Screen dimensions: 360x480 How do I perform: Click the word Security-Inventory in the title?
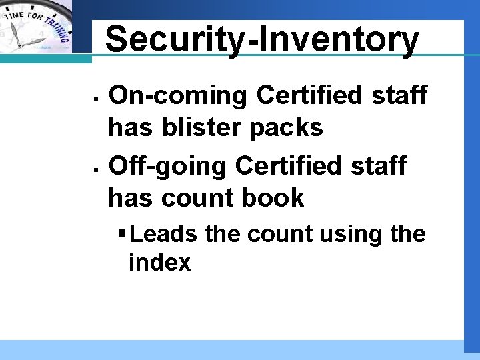coord(262,40)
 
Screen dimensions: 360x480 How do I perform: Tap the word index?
coord(159,263)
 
